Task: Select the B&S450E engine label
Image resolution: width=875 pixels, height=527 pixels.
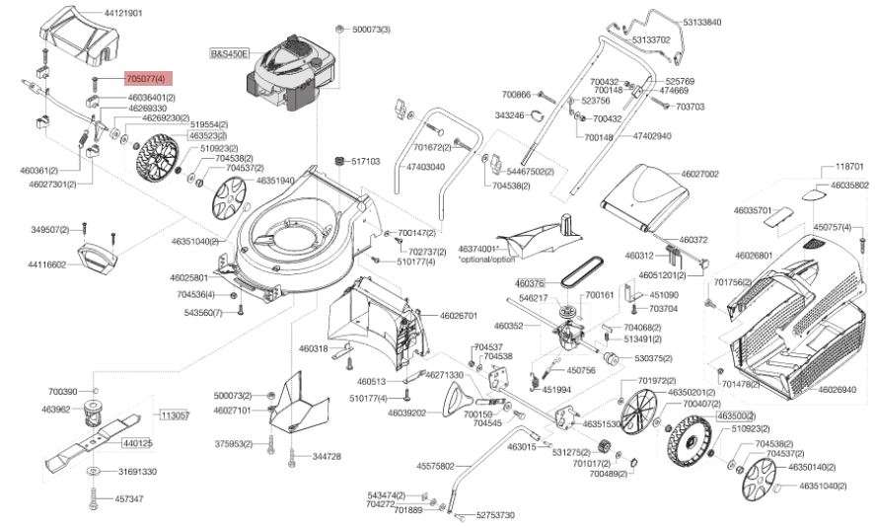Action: click(x=230, y=51)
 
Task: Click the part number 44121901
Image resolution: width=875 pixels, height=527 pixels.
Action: click(x=123, y=13)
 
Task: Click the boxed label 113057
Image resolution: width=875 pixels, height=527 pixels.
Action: click(x=175, y=415)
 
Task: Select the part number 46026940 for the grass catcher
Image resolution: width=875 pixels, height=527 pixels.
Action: click(x=837, y=390)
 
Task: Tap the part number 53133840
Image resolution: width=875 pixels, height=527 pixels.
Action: click(x=701, y=21)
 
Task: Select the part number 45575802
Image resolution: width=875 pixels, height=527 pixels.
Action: click(x=435, y=465)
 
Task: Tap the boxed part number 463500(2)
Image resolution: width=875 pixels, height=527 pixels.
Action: click(x=736, y=416)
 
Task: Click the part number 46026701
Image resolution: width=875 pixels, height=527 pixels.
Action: click(x=457, y=316)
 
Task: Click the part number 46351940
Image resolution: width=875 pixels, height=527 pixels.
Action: click(x=275, y=181)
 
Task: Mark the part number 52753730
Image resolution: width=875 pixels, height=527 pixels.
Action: click(x=495, y=514)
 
